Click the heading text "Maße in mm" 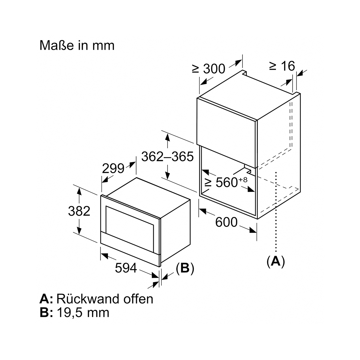click(77, 45)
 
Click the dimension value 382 click(79, 211)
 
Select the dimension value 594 click(126, 268)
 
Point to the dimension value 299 click(113, 169)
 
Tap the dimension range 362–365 click(167, 157)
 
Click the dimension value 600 click(226, 222)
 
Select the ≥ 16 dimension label click(282, 66)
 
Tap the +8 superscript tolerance click(243, 179)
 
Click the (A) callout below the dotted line click(276, 261)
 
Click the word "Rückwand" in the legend click(88, 299)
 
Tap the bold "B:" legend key click(46, 313)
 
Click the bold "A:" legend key click(46, 299)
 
